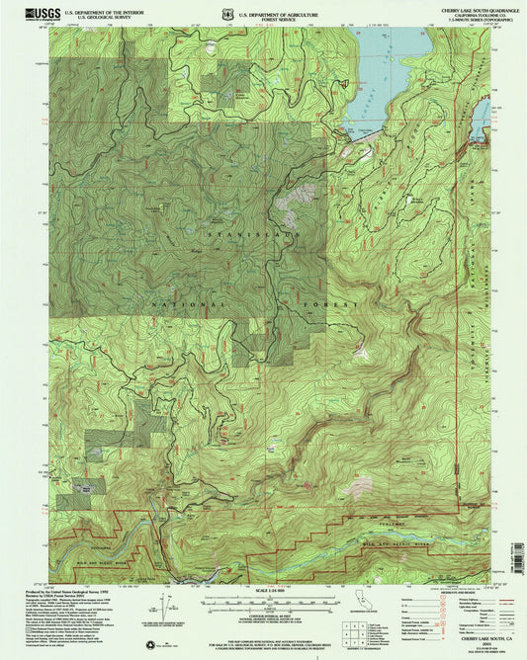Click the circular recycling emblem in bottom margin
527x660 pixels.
(x=150, y=645)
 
